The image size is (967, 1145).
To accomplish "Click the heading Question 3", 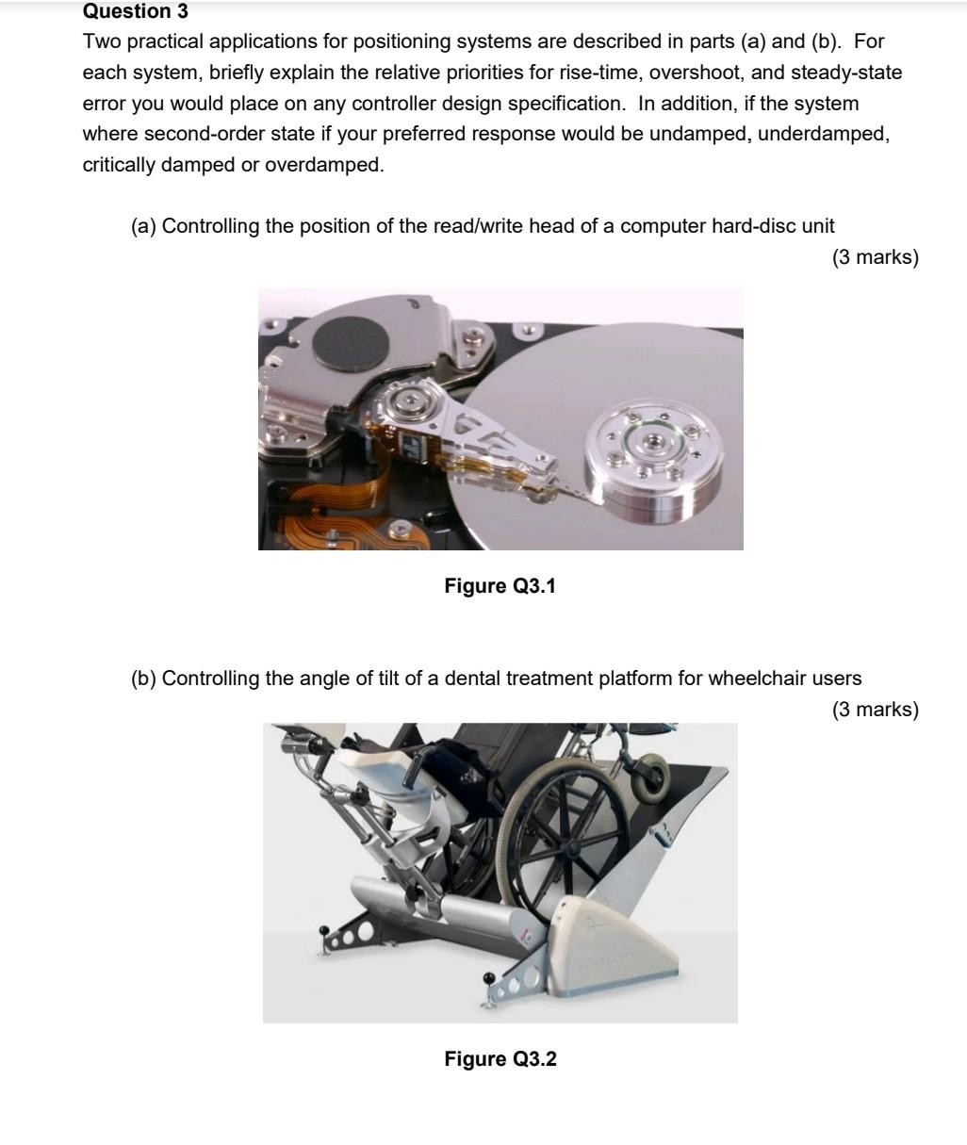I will pos(136,12).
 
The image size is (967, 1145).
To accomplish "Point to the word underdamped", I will pos(822,134).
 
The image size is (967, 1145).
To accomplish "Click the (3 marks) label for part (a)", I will pos(875,257).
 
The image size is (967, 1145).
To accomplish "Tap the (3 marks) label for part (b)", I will pos(875,710).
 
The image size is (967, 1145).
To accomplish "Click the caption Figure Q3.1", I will pos(500,586).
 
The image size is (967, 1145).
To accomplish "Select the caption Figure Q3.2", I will pos(500,1059).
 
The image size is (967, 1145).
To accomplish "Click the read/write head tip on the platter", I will pos(577,490).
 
